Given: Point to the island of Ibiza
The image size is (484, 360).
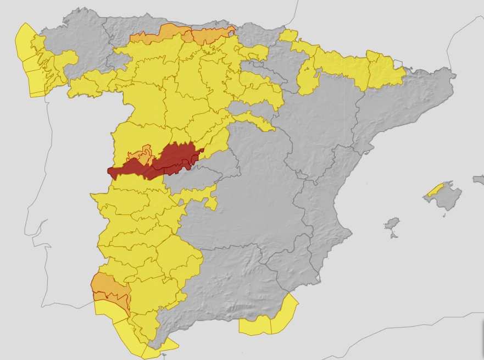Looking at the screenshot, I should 392,224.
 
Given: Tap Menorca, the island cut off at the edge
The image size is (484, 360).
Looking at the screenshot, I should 478,179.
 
